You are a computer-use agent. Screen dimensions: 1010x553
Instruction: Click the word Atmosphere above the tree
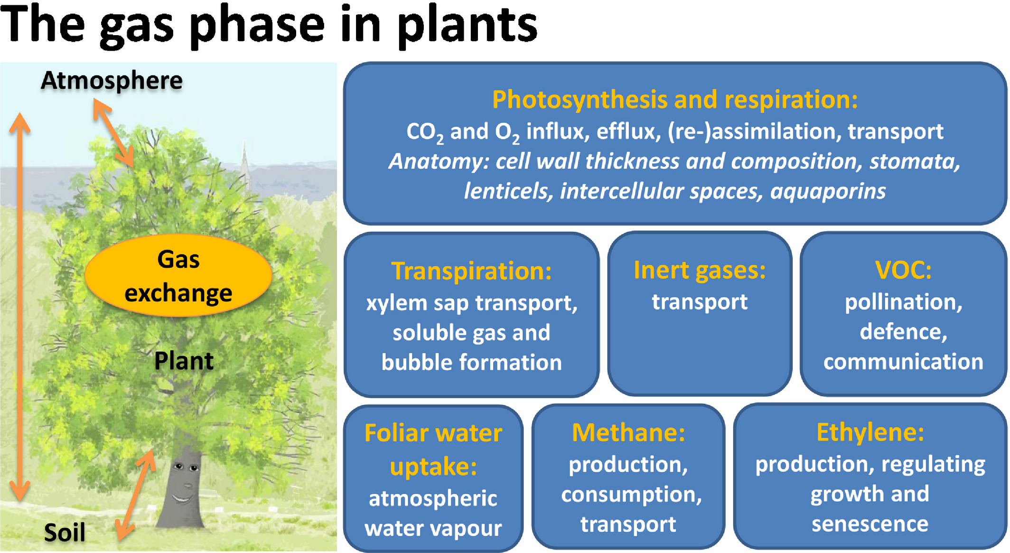point(112,81)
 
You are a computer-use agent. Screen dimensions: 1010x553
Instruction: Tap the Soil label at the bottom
point(65,532)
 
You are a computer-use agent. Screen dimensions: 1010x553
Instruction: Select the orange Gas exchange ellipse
point(178,275)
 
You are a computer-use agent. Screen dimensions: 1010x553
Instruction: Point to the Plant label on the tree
point(184,361)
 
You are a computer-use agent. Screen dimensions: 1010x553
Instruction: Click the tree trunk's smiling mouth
point(182,498)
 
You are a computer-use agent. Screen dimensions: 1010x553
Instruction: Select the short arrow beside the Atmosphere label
point(113,132)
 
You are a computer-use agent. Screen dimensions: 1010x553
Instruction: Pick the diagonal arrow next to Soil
point(136,495)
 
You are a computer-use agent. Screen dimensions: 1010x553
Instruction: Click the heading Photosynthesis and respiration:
point(675,100)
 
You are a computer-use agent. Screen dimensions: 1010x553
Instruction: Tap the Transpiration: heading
point(471,272)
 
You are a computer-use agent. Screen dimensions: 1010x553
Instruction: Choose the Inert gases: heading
point(700,271)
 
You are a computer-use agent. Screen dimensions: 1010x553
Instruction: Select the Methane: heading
point(628,433)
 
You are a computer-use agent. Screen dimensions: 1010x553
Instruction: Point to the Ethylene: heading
point(870,432)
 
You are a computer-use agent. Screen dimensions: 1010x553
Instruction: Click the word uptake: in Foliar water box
point(433,467)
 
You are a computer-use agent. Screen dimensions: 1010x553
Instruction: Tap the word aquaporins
point(828,192)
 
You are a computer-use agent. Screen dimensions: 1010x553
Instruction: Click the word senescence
point(870,524)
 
